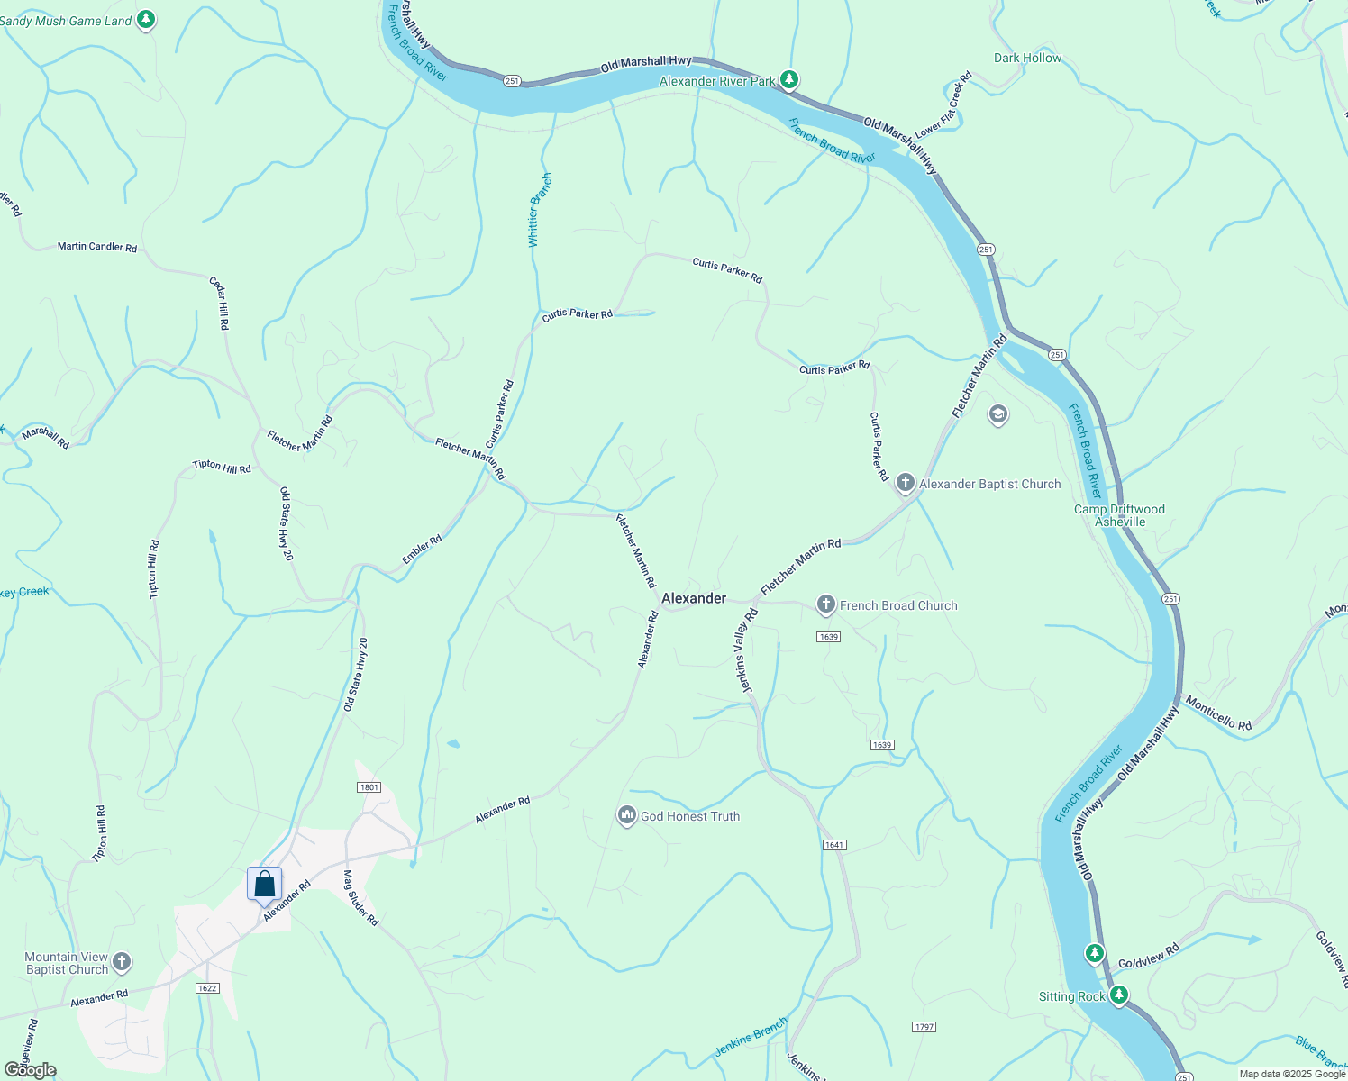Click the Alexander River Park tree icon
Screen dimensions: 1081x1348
(789, 80)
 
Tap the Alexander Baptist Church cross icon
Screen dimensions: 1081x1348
(906, 484)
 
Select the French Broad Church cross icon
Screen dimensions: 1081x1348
(825, 605)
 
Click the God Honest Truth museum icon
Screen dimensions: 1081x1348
(626, 816)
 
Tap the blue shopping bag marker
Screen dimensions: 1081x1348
(264, 884)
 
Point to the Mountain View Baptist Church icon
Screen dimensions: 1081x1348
(122, 963)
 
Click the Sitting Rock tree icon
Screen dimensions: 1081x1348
(1119, 995)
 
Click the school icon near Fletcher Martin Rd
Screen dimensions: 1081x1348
(997, 415)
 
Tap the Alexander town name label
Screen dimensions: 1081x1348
(693, 598)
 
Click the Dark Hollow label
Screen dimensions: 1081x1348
(1027, 58)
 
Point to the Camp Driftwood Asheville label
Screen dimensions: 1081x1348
(1119, 515)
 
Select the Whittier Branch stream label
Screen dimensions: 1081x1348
(539, 211)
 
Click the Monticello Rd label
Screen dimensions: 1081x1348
(1218, 713)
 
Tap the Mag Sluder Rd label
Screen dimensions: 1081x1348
(360, 898)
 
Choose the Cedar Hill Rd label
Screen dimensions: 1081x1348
(219, 303)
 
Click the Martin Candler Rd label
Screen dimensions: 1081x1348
(97, 246)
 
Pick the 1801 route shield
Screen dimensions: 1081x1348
(369, 787)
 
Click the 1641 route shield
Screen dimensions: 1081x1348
(834, 845)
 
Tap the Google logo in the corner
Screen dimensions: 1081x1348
(31, 1070)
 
